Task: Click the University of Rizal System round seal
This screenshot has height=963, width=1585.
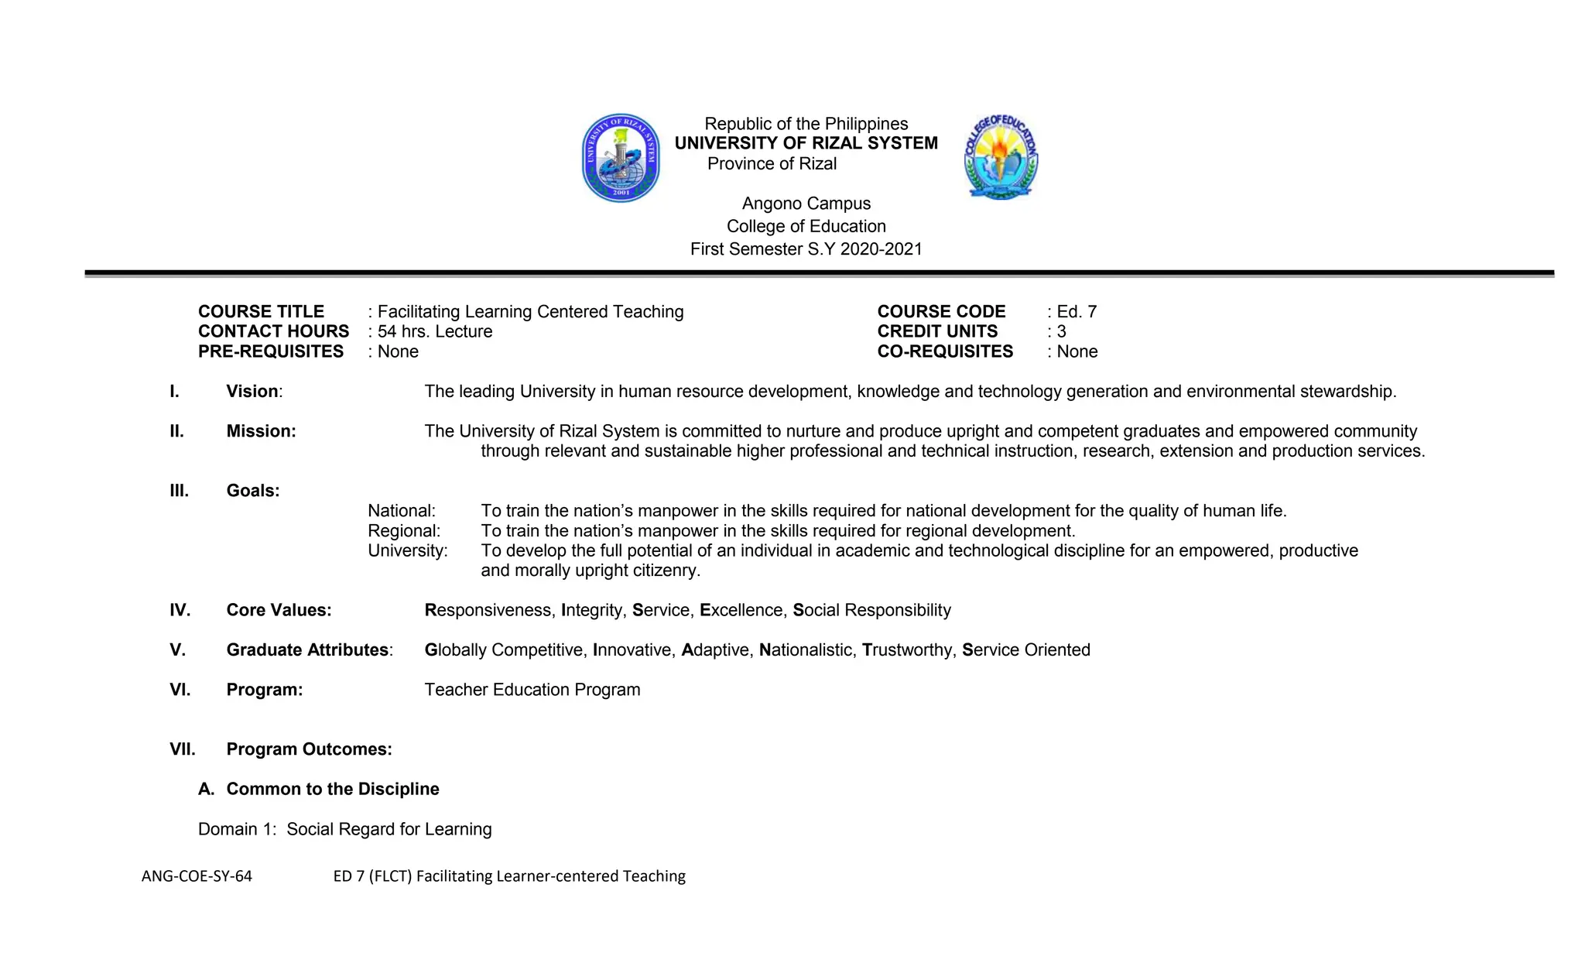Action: (x=621, y=158)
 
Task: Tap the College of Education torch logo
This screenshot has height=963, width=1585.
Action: (x=1001, y=157)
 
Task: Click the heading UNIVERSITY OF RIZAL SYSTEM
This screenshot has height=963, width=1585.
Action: (x=806, y=143)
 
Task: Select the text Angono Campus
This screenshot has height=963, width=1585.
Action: (x=806, y=204)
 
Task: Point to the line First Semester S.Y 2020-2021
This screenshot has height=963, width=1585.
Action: (x=806, y=249)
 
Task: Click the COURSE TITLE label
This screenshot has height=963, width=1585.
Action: (x=261, y=312)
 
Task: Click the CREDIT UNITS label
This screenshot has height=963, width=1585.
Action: (x=937, y=332)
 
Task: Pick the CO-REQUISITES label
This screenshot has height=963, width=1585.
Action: (x=945, y=351)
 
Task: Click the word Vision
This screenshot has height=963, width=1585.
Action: (x=252, y=392)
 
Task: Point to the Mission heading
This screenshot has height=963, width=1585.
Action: (x=261, y=431)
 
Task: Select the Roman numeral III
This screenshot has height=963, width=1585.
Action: (x=179, y=491)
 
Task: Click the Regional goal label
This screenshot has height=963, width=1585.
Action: (x=403, y=531)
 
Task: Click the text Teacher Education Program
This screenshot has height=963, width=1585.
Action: (x=532, y=690)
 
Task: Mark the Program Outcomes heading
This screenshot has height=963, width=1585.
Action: (x=309, y=749)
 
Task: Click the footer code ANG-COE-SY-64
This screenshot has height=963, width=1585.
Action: (x=197, y=876)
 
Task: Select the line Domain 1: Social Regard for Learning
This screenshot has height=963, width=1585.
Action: (x=344, y=829)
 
